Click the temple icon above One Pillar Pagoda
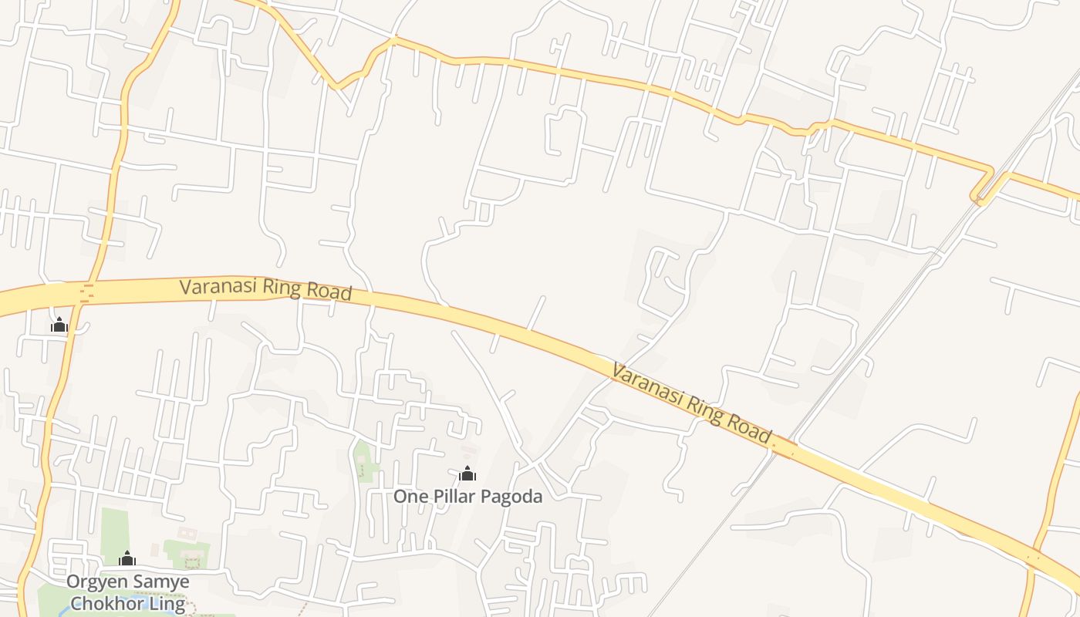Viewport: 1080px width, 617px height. (x=467, y=474)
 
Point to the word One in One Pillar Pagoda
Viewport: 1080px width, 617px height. (x=408, y=497)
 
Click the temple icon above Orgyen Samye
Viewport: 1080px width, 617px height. (x=127, y=558)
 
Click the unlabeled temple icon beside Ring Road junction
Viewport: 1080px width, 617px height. (x=59, y=325)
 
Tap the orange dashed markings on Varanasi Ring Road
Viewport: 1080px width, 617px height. (x=88, y=292)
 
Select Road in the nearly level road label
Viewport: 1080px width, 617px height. (x=331, y=292)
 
